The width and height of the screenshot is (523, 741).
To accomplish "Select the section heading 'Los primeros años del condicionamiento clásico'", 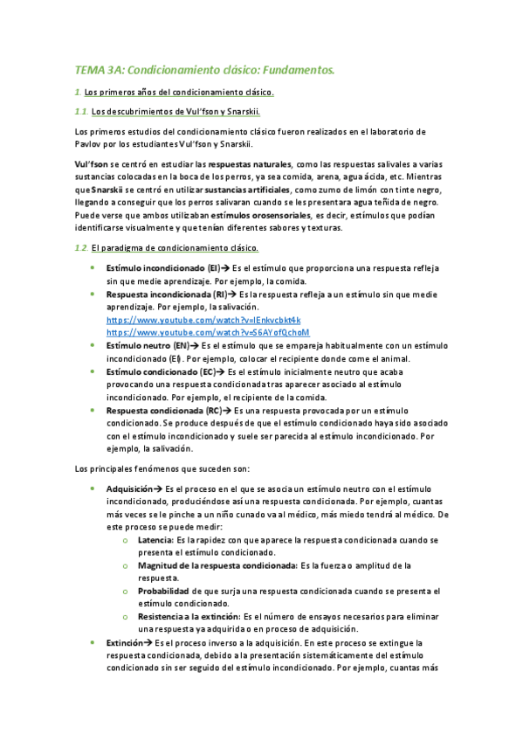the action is (179, 92).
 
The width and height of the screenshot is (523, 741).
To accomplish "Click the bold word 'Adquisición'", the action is (130, 488).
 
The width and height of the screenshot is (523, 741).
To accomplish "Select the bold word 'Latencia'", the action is (155, 540).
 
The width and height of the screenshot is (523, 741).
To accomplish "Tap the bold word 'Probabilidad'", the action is (163, 591).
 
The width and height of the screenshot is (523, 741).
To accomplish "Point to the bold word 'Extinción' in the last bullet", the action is (124, 642).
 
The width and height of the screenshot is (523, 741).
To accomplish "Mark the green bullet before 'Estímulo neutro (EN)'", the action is (93, 346).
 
